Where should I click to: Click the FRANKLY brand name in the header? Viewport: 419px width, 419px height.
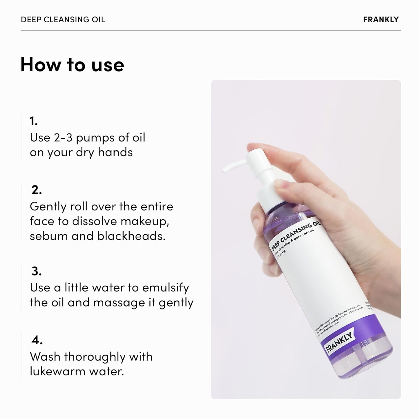point(381,20)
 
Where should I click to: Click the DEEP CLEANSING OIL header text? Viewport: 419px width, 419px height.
point(63,20)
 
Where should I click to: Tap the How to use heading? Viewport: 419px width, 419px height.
point(72,65)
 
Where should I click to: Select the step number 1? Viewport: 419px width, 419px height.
point(33,121)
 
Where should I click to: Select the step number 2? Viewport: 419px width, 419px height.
point(36,190)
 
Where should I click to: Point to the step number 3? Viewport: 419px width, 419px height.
point(36,271)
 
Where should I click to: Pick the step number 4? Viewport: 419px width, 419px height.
point(37,341)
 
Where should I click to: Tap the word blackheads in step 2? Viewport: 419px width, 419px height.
point(131,236)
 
